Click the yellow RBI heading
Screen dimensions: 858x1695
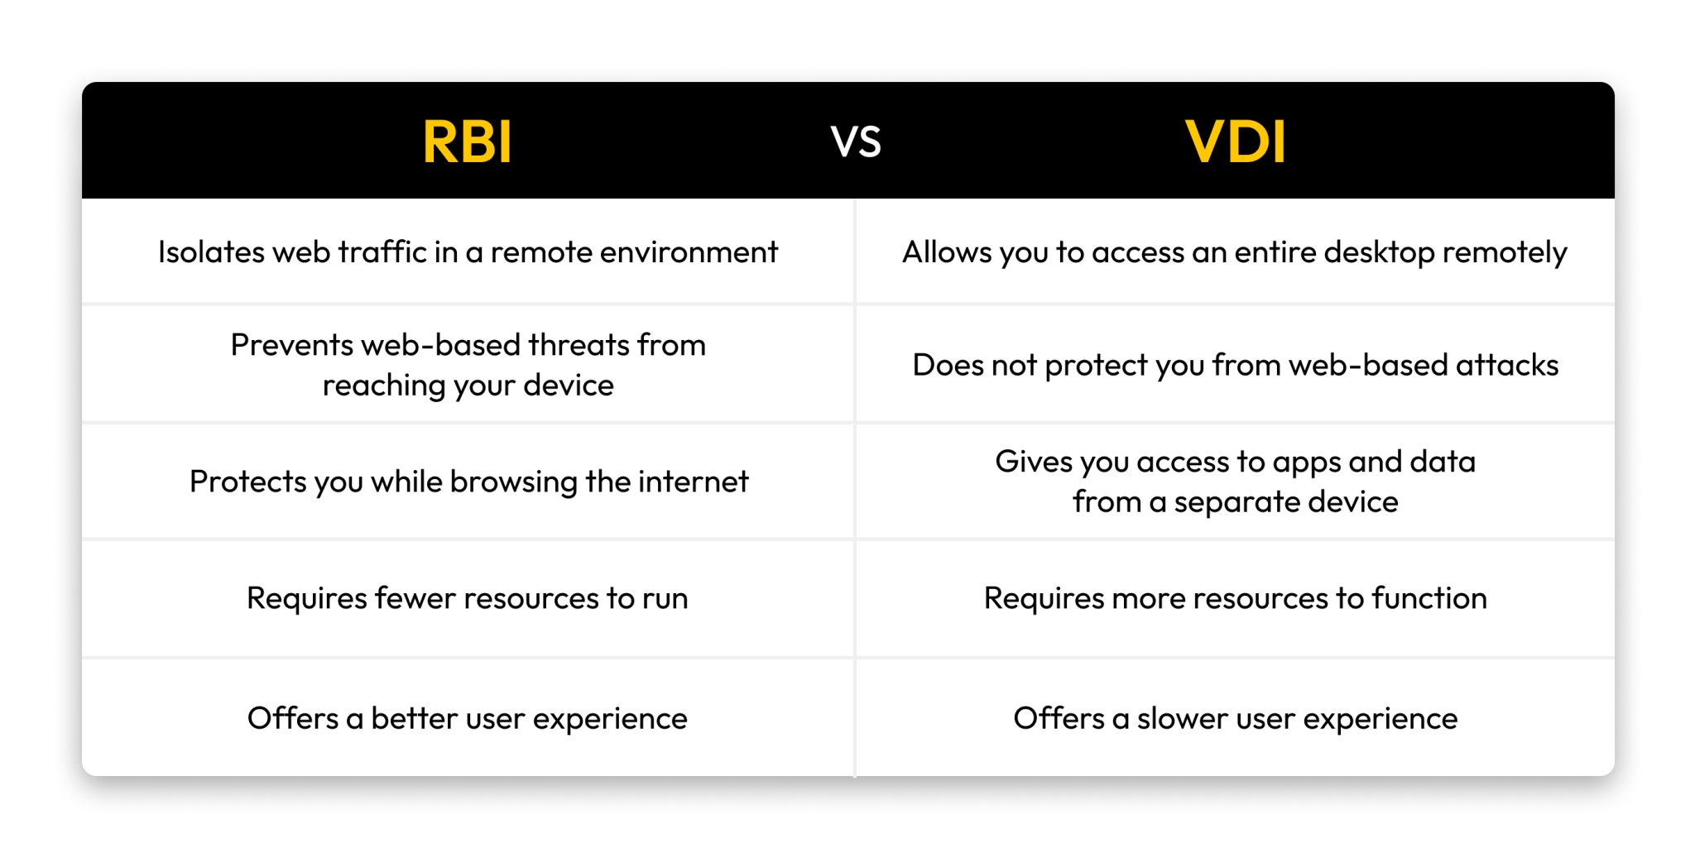tap(467, 141)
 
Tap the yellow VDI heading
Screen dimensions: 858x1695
tap(1235, 141)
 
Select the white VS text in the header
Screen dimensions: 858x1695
tap(856, 142)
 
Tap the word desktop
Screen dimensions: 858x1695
tap(1379, 252)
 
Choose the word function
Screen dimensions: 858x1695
tap(1429, 598)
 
